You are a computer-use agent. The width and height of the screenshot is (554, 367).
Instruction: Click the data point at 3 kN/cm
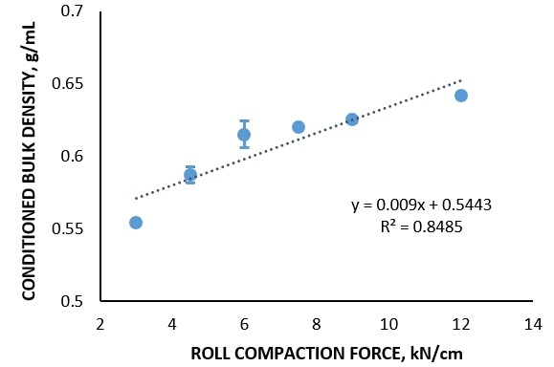(136, 223)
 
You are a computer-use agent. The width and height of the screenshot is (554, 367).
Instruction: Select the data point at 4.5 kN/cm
(190, 175)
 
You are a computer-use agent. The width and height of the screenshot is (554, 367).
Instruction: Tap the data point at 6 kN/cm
(244, 135)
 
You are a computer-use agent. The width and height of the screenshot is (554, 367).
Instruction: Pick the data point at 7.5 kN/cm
(299, 127)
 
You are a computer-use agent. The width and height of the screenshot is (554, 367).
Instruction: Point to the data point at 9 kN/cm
(352, 119)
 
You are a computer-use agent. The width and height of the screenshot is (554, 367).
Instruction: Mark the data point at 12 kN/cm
(461, 96)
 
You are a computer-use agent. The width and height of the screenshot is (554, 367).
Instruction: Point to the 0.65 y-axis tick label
(70, 84)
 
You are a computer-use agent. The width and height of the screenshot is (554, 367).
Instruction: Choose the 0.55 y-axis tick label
(70, 229)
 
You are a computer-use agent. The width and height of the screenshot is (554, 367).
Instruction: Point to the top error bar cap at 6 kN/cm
(244, 121)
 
